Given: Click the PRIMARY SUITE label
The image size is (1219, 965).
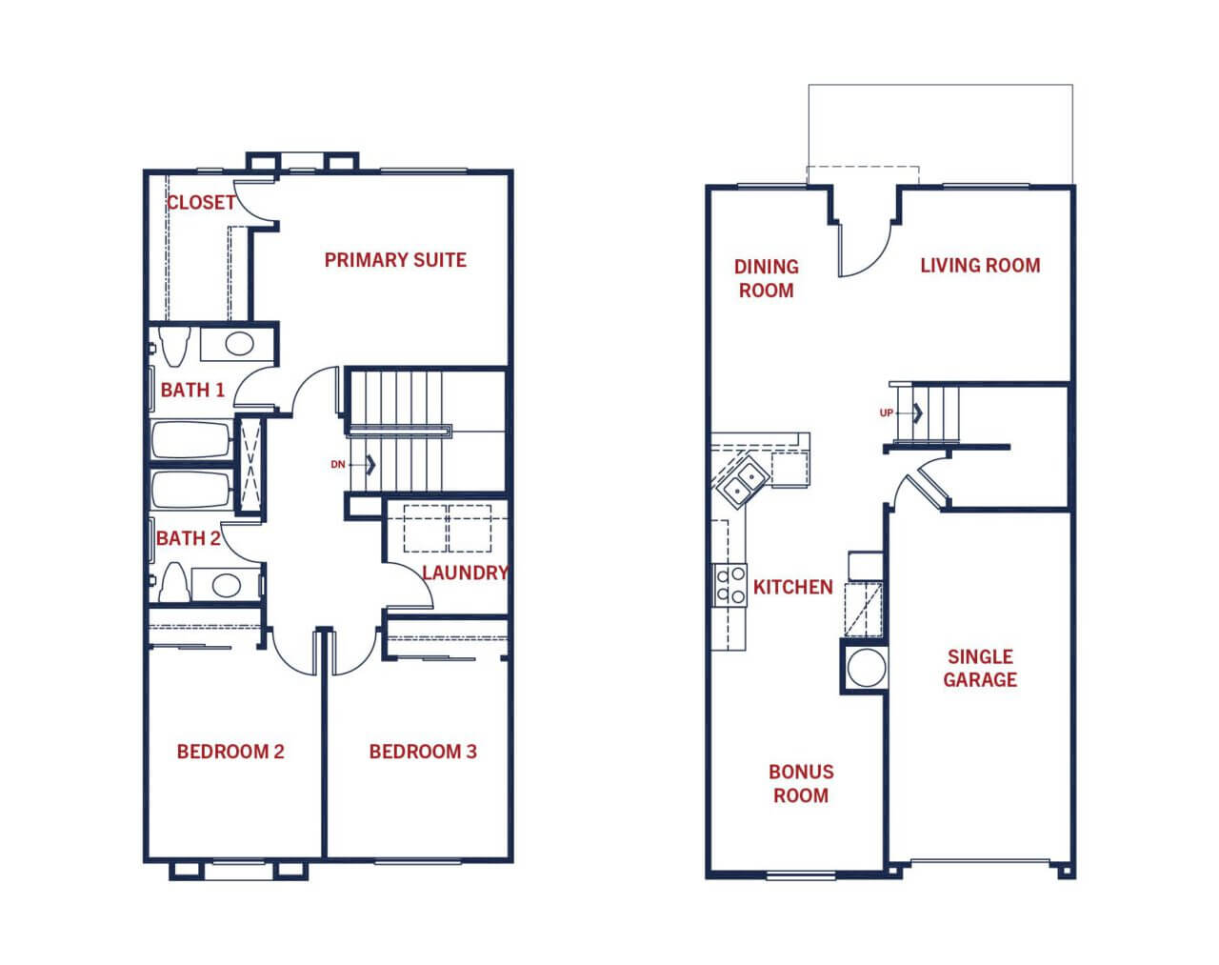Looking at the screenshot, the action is [395, 260].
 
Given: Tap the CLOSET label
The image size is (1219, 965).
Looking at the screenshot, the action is [201, 202].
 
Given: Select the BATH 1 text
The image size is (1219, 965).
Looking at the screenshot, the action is [192, 390].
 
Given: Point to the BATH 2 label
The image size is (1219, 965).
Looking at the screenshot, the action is [188, 538].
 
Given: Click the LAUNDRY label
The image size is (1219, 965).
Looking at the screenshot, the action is [465, 573].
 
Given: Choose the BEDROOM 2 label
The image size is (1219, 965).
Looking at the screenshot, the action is [230, 752].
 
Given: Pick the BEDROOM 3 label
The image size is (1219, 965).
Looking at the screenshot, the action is [423, 752].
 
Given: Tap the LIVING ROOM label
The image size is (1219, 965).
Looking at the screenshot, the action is [980, 265].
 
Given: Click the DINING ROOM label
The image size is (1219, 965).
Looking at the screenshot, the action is [767, 278].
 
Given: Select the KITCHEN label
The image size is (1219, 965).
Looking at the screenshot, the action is [793, 587].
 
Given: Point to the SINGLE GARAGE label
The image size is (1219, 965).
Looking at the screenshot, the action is [980, 668].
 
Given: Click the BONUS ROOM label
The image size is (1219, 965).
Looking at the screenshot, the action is [801, 784].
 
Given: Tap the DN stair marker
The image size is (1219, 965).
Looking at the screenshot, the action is [337, 465].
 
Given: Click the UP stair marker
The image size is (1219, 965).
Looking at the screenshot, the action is [887, 413].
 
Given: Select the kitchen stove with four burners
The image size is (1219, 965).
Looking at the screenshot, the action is [729, 585].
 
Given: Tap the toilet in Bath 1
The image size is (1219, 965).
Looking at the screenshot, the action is [174, 345].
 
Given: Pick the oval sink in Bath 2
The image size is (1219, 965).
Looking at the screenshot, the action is [226, 585].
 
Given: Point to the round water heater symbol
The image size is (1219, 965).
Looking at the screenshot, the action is [866, 668].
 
